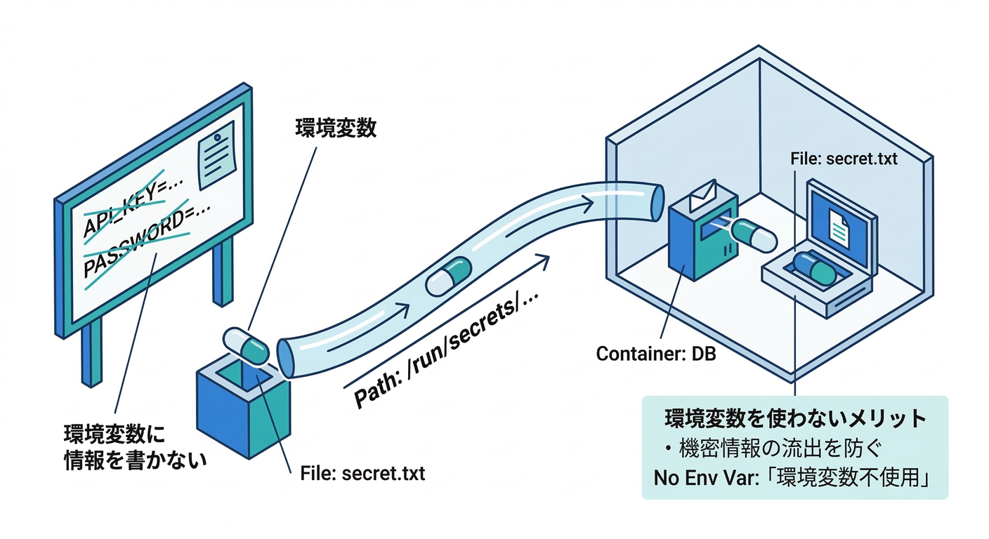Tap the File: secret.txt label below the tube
tap(362, 474)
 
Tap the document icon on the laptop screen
tap(841, 224)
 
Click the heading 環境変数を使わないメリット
tap(795, 420)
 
